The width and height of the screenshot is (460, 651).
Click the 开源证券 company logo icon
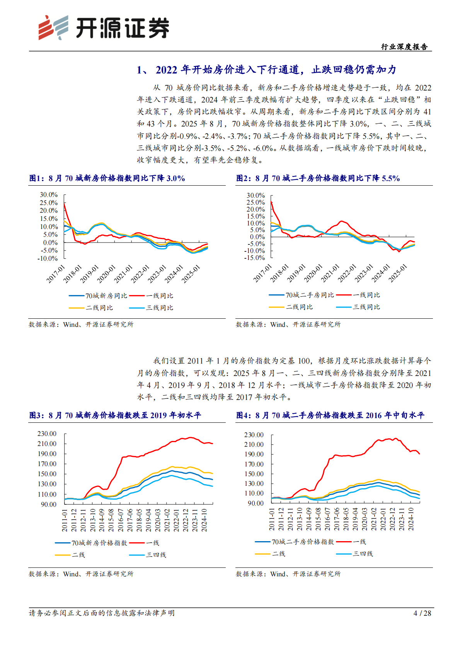pyautogui.click(x=53, y=27)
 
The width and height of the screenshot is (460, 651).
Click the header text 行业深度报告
pyautogui.click(x=404, y=47)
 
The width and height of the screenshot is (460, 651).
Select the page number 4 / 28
pyautogui.click(x=422, y=613)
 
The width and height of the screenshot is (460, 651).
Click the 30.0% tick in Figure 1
pyautogui.click(x=49, y=195)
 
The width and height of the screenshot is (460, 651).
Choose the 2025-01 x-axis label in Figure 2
pyautogui.click(x=398, y=273)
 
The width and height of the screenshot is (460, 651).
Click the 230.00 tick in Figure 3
pyautogui.click(x=47, y=434)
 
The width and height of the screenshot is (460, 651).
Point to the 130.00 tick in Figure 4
pyautogui.click(x=254, y=484)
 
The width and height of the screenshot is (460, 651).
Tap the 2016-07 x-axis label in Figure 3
pyautogui.click(x=121, y=520)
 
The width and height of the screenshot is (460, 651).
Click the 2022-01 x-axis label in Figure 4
pyautogui.click(x=383, y=519)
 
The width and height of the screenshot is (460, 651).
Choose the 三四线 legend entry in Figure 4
pyautogui.click(x=362, y=554)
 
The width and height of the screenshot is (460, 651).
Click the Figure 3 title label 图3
pyautogui.click(x=36, y=415)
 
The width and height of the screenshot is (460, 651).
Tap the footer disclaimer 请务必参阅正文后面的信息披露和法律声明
pyautogui.click(x=102, y=613)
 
